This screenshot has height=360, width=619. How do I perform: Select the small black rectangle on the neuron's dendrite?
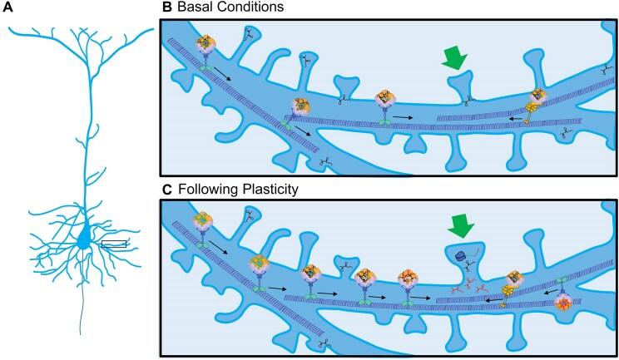(x=113, y=244)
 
